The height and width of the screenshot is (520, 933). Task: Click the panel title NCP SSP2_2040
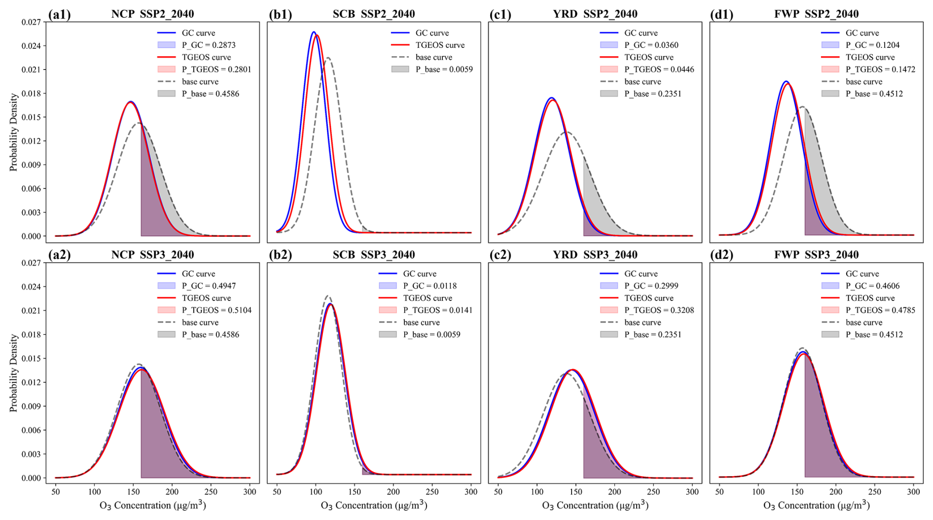pyautogui.click(x=152, y=14)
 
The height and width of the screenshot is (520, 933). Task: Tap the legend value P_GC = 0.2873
pyautogui.click(x=209, y=45)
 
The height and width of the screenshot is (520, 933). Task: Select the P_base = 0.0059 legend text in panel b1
pyautogui.click(x=444, y=69)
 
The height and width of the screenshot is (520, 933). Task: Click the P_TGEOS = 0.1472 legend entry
pyautogui.click(x=880, y=70)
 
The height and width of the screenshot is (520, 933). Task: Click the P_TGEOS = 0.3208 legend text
pyautogui.click(x=659, y=310)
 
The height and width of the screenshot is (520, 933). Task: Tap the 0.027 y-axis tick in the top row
pyautogui.click(x=31, y=22)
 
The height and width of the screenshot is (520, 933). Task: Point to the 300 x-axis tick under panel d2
pyautogui.click(x=913, y=491)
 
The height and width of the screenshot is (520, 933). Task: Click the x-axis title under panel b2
pyautogui.click(x=374, y=505)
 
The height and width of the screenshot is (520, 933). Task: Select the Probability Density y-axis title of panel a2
pyautogui.click(x=13, y=373)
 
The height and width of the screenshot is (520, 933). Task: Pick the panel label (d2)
pyautogui.click(x=721, y=255)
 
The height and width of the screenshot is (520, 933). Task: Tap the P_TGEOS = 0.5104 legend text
pyautogui.click(x=216, y=310)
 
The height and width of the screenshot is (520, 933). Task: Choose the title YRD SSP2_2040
pyautogui.click(x=595, y=14)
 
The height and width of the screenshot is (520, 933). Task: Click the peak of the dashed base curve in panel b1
pyautogui.click(x=328, y=58)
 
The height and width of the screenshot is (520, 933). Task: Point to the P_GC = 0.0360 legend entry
pyautogui.click(x=651, y=45)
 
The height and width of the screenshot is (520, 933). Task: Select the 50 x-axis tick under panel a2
pyautogui.click(x=56, y=491)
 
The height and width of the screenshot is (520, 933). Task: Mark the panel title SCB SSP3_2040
pyautogui.click(x=373, y=255)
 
